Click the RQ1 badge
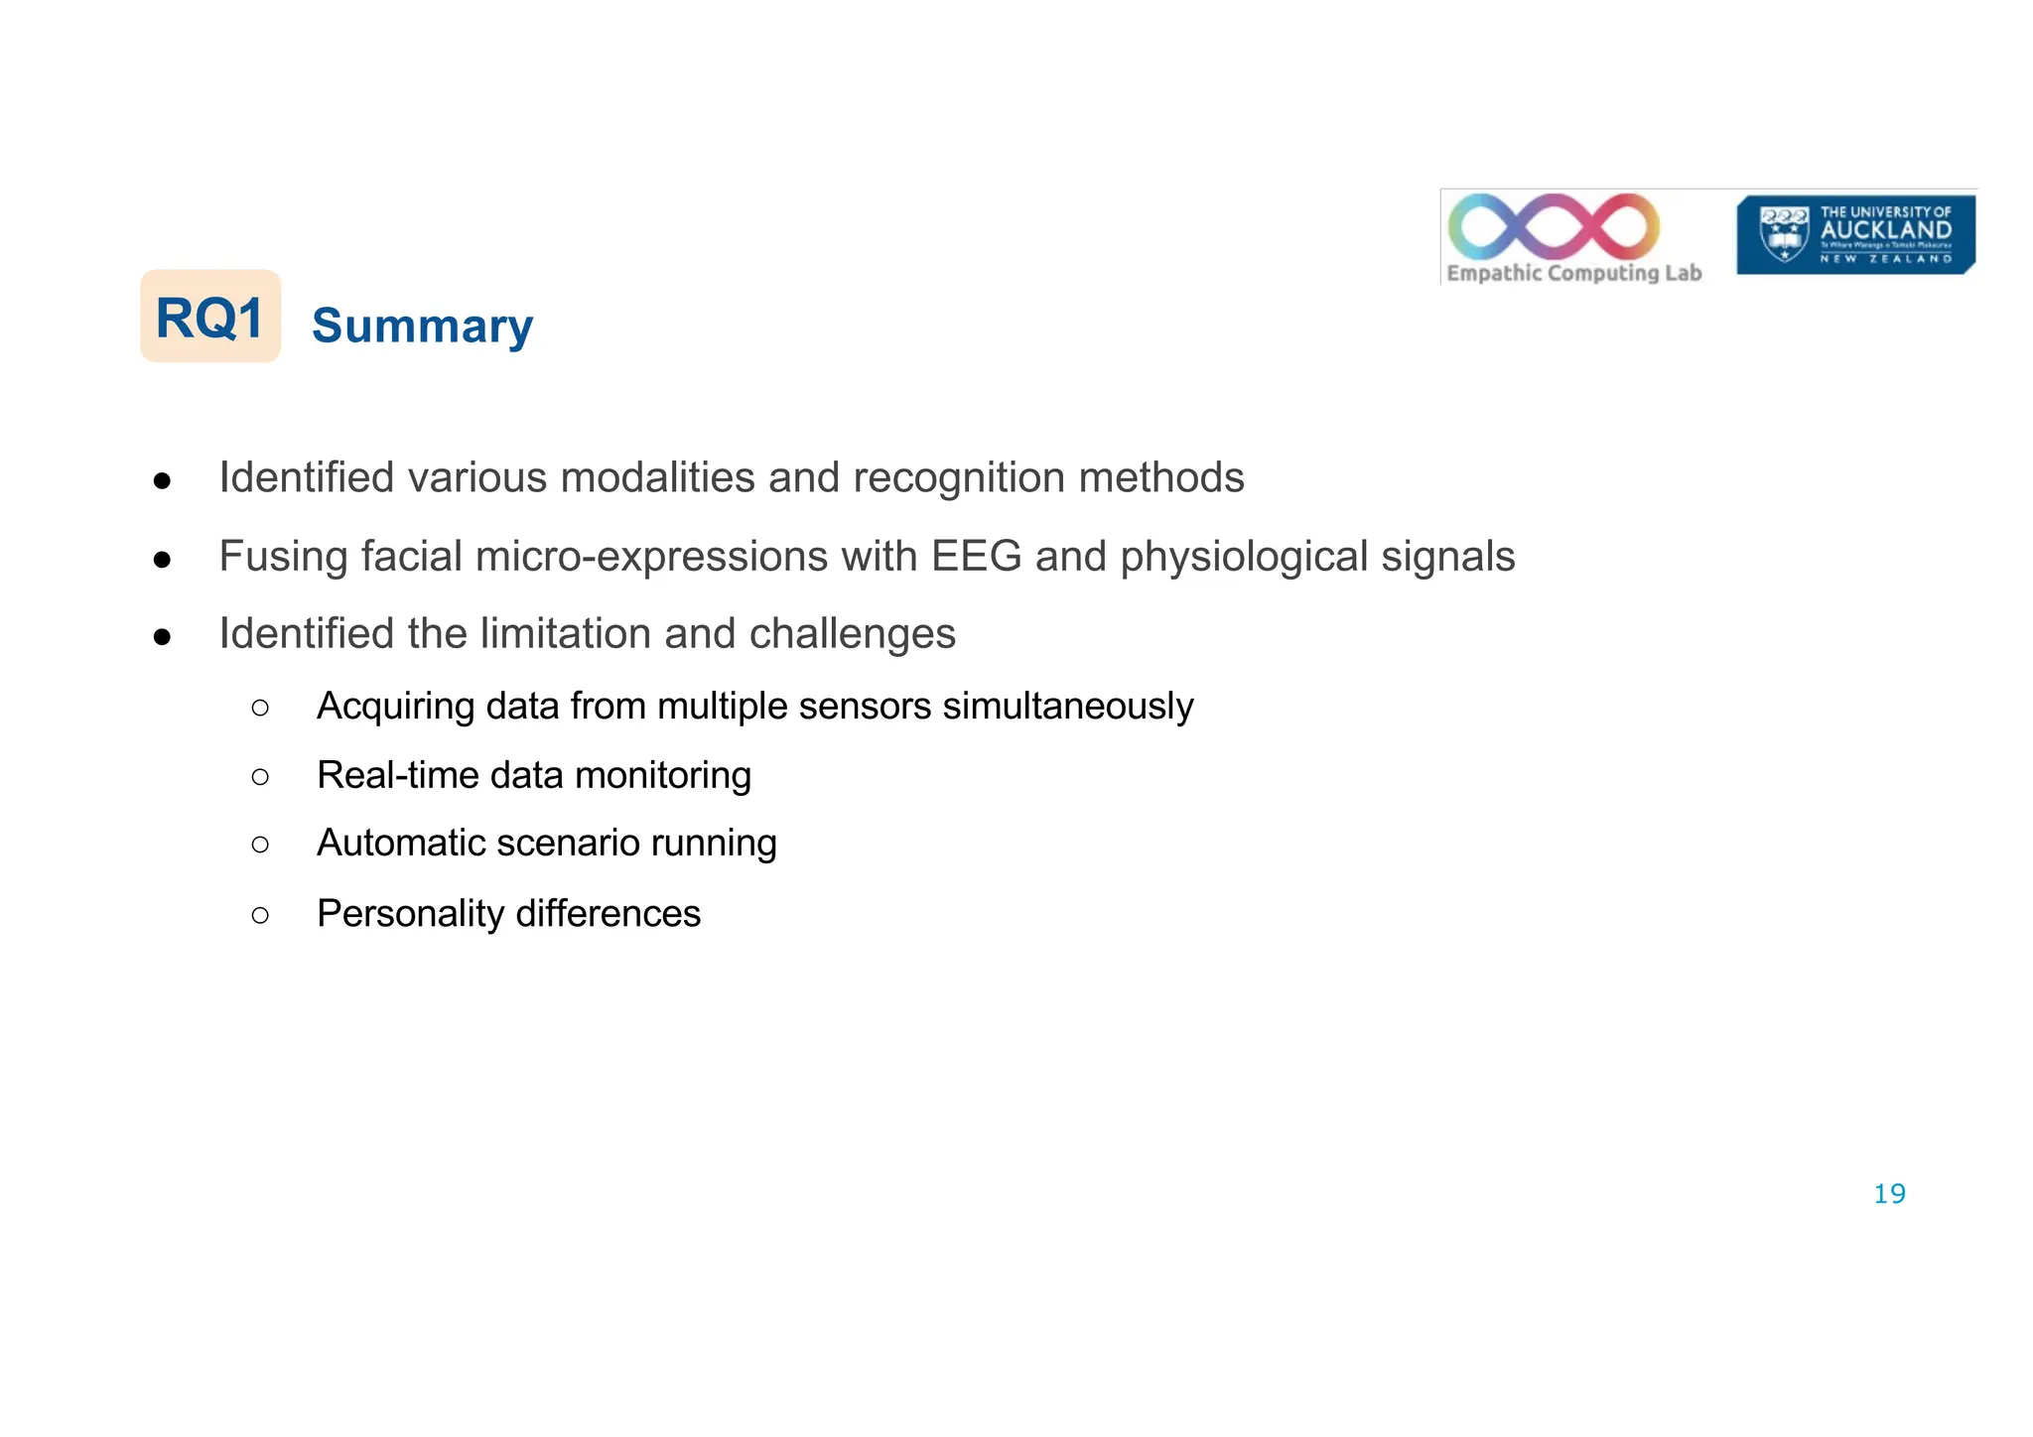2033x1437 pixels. pyautogui.click(x=210, y=317)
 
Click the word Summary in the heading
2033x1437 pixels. pyautogui.click(x=422, y=326)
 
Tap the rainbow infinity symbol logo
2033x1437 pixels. pyautogui.click(x=1554, y=226)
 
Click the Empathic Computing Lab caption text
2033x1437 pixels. pyautogui.click(x=1573, y=273)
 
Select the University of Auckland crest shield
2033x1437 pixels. pyautogui.click(x=1783, y=234)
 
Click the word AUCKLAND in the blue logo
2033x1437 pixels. pyautogui.click(x=1885, y=230)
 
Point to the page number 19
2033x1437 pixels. pyautogui.click(x=1889, y=1194)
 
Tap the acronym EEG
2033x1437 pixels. pyautogui.click(x=976, y=556)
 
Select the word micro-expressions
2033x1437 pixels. pyautogui.click(x=651, y=556)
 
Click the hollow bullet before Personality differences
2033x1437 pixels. pyautogui.click(x=260, y=914)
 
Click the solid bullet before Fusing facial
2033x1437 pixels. pyautogui.click(x=163, y=560)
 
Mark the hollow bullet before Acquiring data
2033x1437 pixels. pyautogui.click(x=260, y=708)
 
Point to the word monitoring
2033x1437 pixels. pyautogui.click(x=662, y=775)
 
